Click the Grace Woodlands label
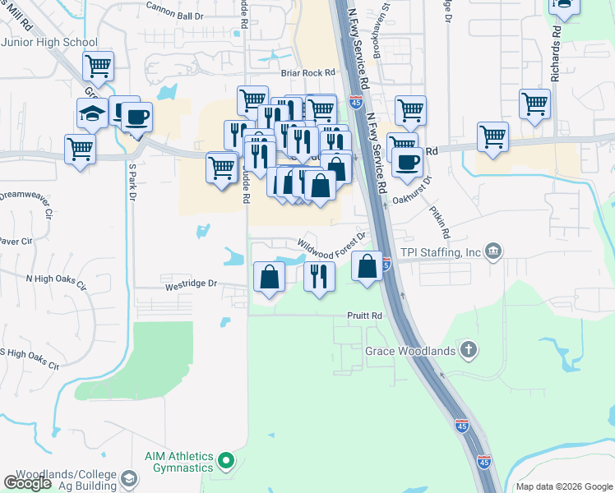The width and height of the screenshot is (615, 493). coord(410,351)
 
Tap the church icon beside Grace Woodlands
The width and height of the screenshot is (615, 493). coord(468,351)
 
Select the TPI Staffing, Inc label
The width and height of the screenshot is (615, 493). coord(440,252)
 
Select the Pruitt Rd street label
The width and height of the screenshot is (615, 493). coord(366,316)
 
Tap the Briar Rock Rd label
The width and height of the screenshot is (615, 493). coord(308,72)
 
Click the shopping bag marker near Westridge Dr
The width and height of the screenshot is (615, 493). coord(269,277)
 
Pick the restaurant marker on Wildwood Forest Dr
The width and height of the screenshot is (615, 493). coord(319,276)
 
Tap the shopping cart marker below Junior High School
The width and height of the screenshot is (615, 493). coord(98,66)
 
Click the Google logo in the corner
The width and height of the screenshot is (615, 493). coord(28,483)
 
